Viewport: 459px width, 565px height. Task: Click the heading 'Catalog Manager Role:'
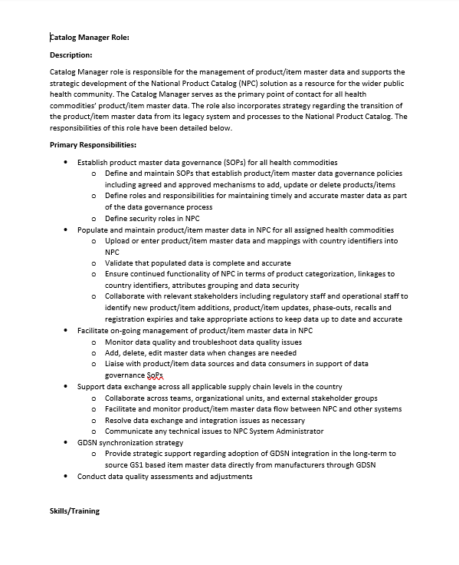(x=89, y=36)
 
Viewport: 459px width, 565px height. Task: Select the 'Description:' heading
(x=71, y=55)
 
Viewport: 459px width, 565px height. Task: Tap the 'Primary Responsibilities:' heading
(x=93, y=144)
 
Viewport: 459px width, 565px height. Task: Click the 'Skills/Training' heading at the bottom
(x=74, y=511)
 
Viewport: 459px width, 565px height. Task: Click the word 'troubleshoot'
(x=225, y=342)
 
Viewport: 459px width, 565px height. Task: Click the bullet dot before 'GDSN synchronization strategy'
(x=67, y=443)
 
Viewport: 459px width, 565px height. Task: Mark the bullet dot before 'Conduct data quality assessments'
(x=67, y=477)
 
